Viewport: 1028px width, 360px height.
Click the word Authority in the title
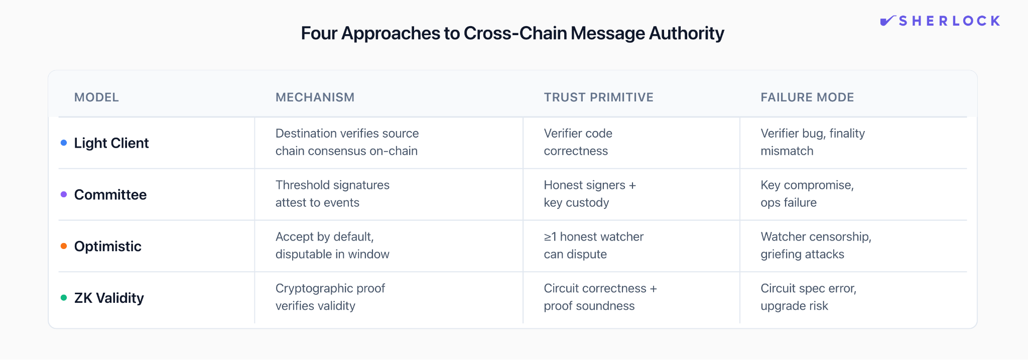pyautogui.click(x=686, y=33)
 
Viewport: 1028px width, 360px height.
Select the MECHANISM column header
pyautogui.click(x=315, y=97)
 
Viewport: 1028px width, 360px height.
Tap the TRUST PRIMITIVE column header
pyautogui.click(x=598, y=97)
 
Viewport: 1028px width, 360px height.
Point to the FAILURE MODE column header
pyautogui.click(x=807, y=97)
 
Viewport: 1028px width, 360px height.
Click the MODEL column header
pyautogui.click(x=96, y=97)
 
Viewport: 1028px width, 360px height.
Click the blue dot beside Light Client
pyautogui.click(x=64, y=143)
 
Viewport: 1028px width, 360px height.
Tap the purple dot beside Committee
pyautogui.click(x=64, y=195)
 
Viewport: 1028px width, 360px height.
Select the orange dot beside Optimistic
pyautogui.click(x=64, y=246)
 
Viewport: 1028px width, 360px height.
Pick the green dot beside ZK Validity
pyautogui.click(x=64, y=298)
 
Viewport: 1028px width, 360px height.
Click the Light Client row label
pyautogui.click(x=111, y=143)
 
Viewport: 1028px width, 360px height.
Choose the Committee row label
pyautogui.click(x=110, y=195)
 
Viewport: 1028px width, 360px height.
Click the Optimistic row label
pyautogui.click(x=108, y=247)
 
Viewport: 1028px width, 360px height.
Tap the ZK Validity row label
pyautogui.click(x=109, y=298)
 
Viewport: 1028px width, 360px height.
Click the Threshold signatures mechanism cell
pyautogui.click(x=332, y=194)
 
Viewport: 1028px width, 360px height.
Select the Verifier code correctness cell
pyautogui.click(x=578, y=142)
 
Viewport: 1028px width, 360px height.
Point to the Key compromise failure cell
pyautogui.click(x=807, y=194)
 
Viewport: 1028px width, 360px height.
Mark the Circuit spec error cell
pyautogui.click(x=808, y=297)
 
